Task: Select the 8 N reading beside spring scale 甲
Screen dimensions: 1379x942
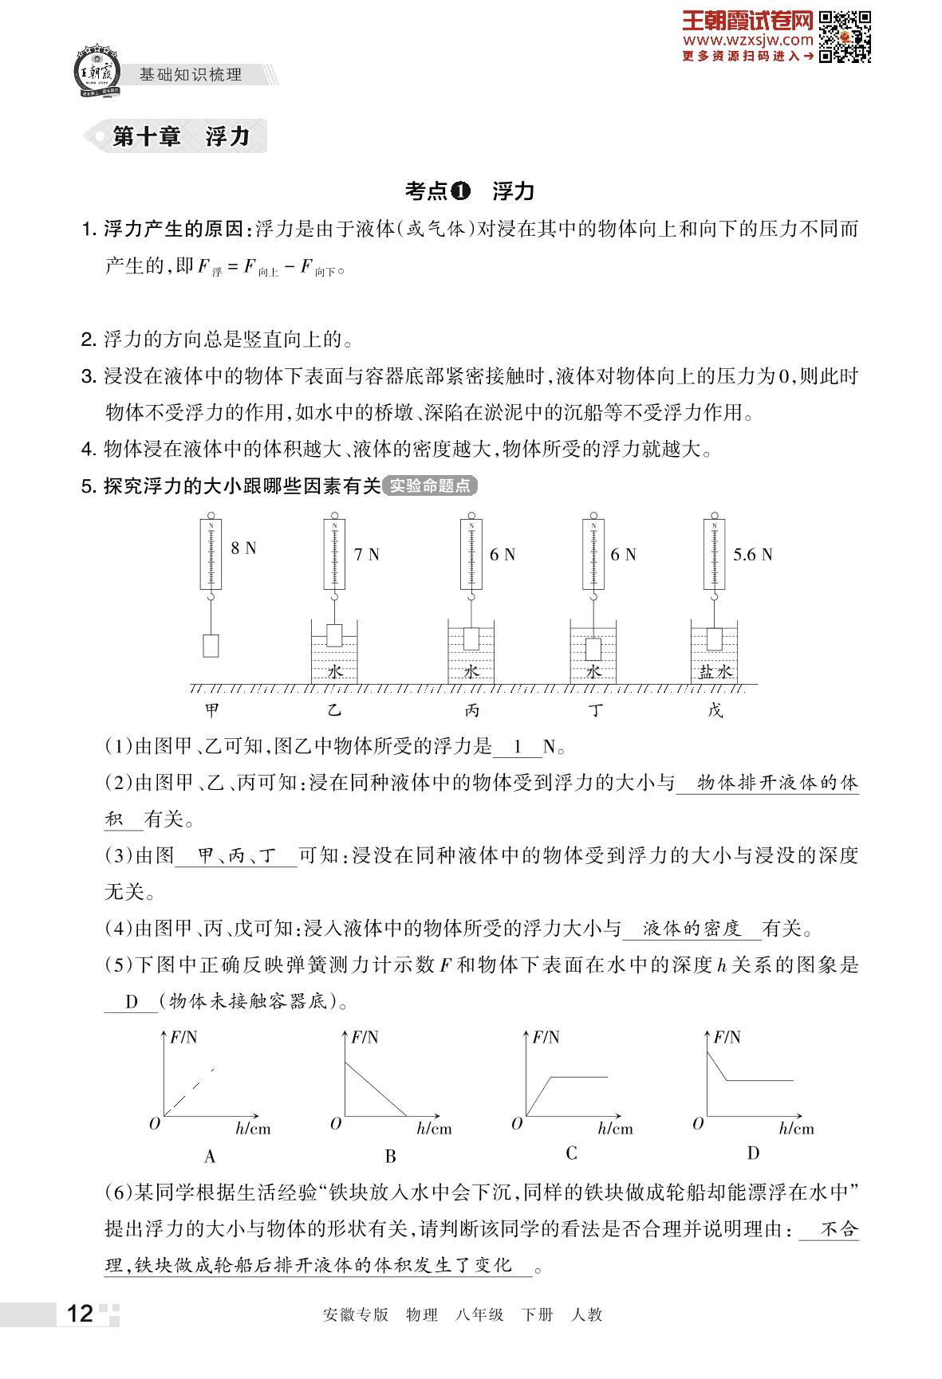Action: (243, 548)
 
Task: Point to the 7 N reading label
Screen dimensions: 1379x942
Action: (367, 555)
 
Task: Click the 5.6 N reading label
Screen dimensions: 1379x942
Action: (752, 555)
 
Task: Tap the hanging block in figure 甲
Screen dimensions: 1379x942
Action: (211, 645)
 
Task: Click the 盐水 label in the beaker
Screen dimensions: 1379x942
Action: (715, 671)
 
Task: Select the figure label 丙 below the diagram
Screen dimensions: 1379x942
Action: (472, 710)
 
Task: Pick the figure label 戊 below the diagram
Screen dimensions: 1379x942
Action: (715, 710)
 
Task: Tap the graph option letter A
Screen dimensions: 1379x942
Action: (210, 1156)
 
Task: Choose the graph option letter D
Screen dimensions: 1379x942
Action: (753, 1153)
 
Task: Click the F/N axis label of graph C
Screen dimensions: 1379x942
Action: (546, 1037)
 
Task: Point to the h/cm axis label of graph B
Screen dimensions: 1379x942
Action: (434, 1129)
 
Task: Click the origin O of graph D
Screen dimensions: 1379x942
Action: (698, 1123)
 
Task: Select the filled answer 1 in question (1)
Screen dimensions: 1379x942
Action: (518, 747)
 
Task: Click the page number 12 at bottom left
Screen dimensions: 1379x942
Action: (81, 1314)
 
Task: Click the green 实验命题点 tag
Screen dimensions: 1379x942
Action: (430, 485)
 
